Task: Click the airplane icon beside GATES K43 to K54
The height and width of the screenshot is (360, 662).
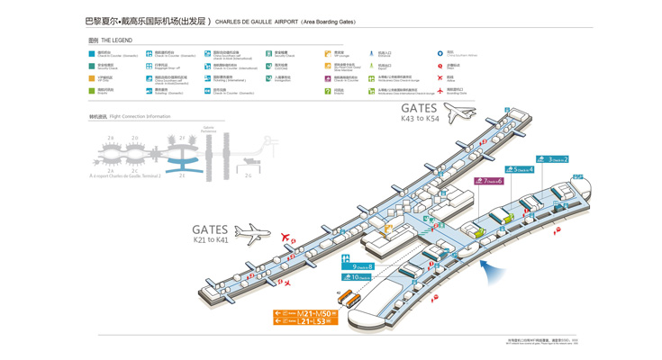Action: pyautogui.click(x=459, y=113)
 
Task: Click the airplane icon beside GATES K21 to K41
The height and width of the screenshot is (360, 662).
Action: pyautogui.click(x=252, y=234)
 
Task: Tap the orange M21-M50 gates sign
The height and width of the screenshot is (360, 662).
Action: pyautogui.click(x=306, y=313)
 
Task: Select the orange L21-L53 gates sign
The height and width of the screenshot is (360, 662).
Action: pyautogui.click(x=306, y=320)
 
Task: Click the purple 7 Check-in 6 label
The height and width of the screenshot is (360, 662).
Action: pyautogui.click(x=488, y=181)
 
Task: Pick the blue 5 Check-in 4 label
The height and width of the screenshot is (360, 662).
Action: pyautogui.click(x=519, y=169)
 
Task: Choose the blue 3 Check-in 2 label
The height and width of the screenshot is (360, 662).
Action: pyautogui.click(x=552, y=159)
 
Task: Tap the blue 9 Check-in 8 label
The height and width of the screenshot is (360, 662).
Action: pyautogui.click(x=357, y=266)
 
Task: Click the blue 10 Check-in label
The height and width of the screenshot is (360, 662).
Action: pyautogui.click(x=357, y=277)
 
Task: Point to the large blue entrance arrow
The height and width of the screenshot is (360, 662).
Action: pyautogui.click(x=491, y=269)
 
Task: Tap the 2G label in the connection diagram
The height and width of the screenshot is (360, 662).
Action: pyautogui.click(x=249, y=175)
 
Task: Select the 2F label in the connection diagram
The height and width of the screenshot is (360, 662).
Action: pyautogui.click(x=182, y=138)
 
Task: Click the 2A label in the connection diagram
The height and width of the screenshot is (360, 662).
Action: pyautogui.click(x=111, y=170)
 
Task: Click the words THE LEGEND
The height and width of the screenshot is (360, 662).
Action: pyautogui.click(x=117, y=40)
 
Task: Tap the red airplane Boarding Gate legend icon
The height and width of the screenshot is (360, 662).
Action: pyautogui.click(x=440, y=91)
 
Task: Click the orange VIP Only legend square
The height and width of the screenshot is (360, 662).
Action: pyautogui.click(x=92, y=78)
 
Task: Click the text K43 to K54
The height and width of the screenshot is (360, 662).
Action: pyautogui.click(x=420, y=118)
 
